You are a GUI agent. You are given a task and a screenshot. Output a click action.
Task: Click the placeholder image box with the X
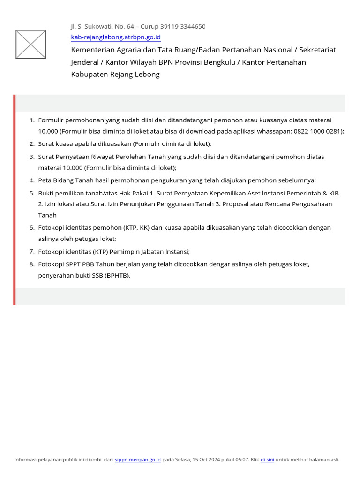(31, 45)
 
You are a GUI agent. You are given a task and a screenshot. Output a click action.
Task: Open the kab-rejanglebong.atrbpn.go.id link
(116, 37)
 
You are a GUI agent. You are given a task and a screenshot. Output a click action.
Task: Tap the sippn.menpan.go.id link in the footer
(138, 460)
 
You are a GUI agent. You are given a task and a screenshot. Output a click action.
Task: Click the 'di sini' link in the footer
(267, 460)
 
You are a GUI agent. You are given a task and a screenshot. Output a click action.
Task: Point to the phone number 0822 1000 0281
(318, 131)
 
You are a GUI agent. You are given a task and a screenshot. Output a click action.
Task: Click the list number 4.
(32, 180)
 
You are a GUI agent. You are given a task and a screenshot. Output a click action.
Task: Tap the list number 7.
(32, 252)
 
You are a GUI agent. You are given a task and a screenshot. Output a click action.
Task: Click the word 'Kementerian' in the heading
(93, 50)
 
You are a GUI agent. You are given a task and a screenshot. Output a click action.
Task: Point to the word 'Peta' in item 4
(45, 180)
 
